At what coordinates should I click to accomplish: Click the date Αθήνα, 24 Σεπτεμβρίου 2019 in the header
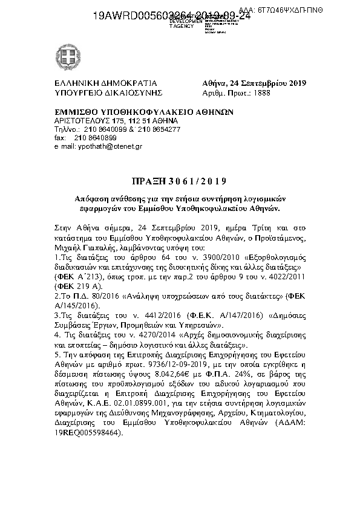click(255, 83)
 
